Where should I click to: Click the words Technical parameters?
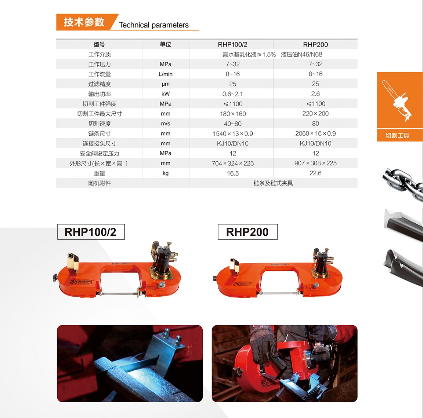pyautogui.click(x=154, y=25)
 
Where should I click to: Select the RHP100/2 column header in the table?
pyautogui.click(x=232, y=44)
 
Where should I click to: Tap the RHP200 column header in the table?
pyautogui.click(x=315, y=44)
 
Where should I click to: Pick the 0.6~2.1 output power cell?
pyautogui.click(x=232, y=94)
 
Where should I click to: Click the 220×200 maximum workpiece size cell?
pyautogui.click(x=315, y=114)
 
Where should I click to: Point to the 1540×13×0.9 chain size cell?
pyautogui.click(x=232, y=133)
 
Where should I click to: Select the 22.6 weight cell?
pyautogui.click(x=315, y=173)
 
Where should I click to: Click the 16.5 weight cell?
pyautogui.click(x=232, y=173)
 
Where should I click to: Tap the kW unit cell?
pyautogui.click(x=165, y=94)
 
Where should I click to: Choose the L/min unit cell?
pyautogui.click(x=165, y=74)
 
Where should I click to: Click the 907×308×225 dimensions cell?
pyautogui.click(x=315, y=163)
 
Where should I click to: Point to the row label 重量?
pyautogui.click(x=99, y=173)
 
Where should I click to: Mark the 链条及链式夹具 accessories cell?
pyautogui.click(x=273, y=183)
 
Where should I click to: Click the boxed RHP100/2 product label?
pyautogui.click(x=91, y=232)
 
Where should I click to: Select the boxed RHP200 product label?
pyautogui.click(x=247, y=232)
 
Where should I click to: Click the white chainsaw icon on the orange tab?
pyautogui.click(x=397, y=101)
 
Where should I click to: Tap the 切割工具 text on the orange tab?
pyautogui.click(x=397, y=135)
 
